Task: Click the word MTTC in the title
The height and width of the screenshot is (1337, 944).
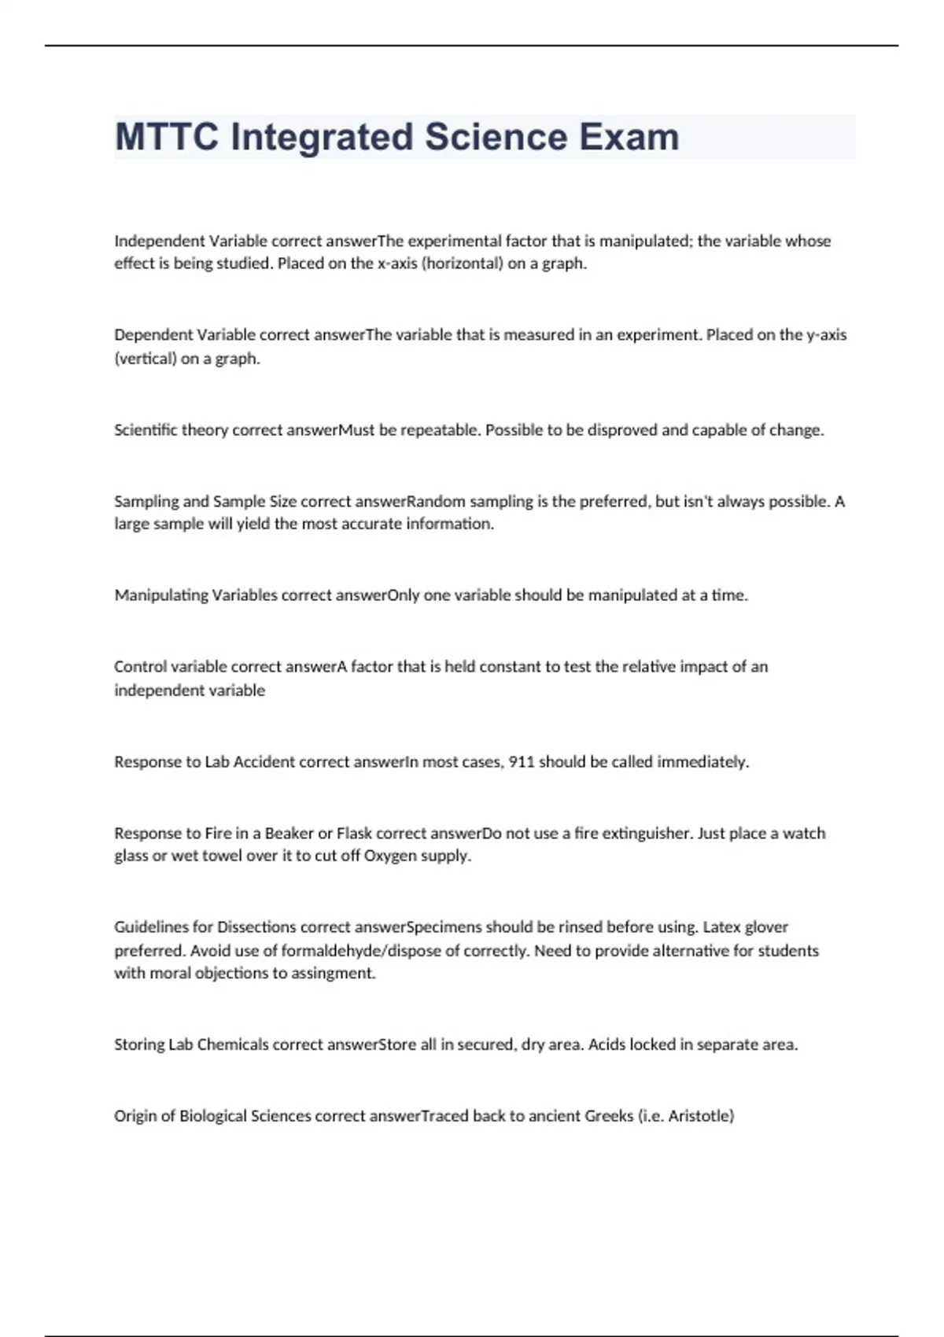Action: click(167, 138)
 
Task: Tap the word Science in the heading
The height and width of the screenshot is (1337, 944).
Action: click(496, 138)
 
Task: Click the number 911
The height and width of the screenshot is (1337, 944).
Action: click(522, 762)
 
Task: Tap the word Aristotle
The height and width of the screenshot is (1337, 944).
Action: click(701, 1116)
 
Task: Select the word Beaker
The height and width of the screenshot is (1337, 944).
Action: click(289, 834)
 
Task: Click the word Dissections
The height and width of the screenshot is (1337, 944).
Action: click(256, 927)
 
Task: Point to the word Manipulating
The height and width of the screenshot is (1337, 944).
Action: click(161, 595)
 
